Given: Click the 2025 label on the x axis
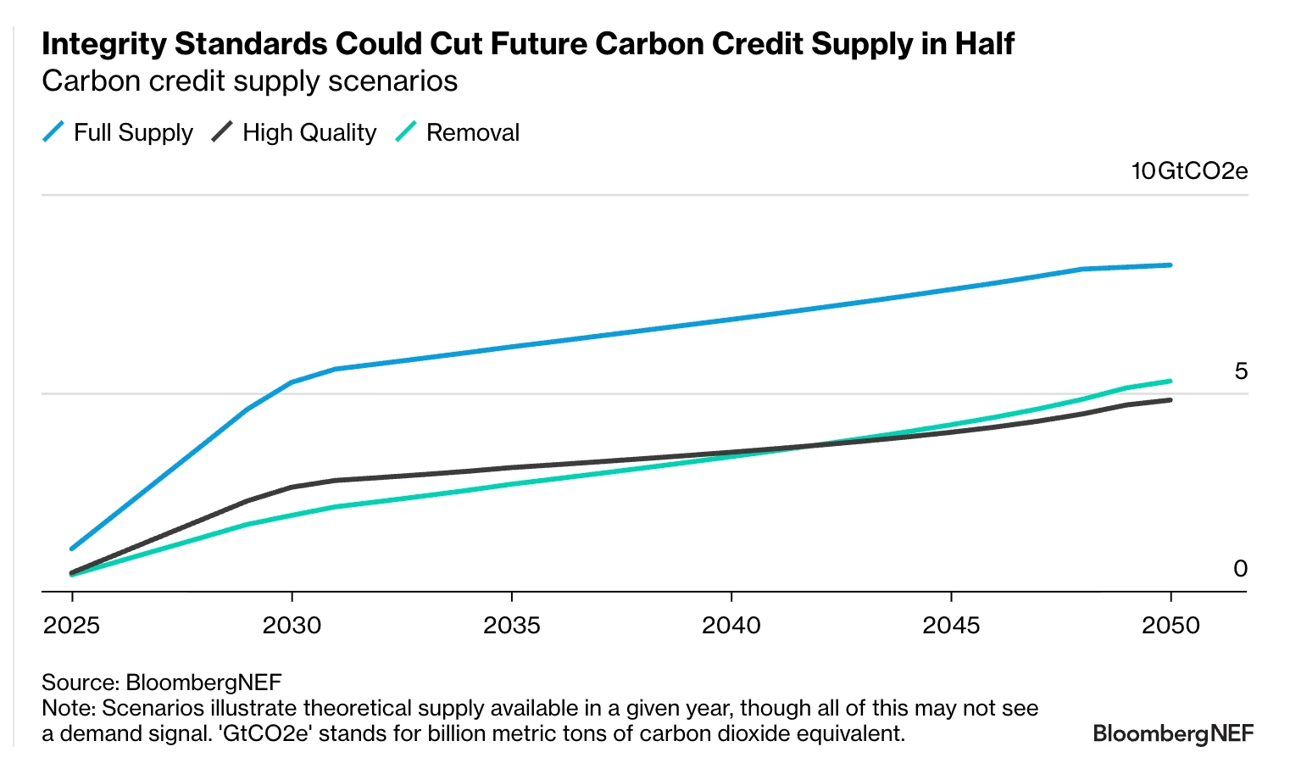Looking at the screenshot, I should click(x=72, y=626).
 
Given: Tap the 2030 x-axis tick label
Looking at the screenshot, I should click(x=292, y=626).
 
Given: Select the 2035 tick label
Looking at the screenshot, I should click(x=512, y=626).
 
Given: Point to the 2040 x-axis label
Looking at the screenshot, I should click(x=731, y=626).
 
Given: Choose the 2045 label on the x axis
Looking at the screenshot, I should click(x=951, y=626).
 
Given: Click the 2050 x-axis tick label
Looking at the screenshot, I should click(x=1170, y=626).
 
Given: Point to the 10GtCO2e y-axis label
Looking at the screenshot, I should click(x=1189, y=171).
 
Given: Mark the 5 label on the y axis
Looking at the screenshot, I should click(x=1241, y=371).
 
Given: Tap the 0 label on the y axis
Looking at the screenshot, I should click(x=1241, y=569).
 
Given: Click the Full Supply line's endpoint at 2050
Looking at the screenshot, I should click(x=1170, y=265).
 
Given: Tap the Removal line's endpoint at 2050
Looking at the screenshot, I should click(x=1170, y=382).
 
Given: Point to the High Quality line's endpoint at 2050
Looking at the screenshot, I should click(x=1170, y=400).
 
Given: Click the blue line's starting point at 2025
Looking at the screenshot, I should click(x=72, y=549).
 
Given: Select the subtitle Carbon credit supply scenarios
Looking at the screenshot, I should click(x=250, y=81).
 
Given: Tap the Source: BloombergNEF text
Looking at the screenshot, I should click(x=161, y=682).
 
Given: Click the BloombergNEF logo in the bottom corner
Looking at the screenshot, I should click(x=1173, y=733).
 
